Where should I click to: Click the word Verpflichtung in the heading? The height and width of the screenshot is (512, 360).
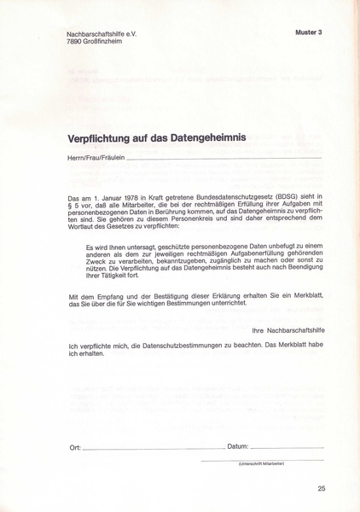tap(102, 138)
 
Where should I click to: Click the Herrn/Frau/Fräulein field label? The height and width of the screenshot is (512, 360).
tap(96, 158)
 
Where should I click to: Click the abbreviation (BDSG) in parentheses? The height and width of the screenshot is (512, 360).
tap(289, 197)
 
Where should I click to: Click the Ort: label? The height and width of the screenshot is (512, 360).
tap(75, 447)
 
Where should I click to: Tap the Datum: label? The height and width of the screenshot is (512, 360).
tap(238, 447)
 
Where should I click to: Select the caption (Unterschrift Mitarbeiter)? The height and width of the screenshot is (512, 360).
tap(261, 463)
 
